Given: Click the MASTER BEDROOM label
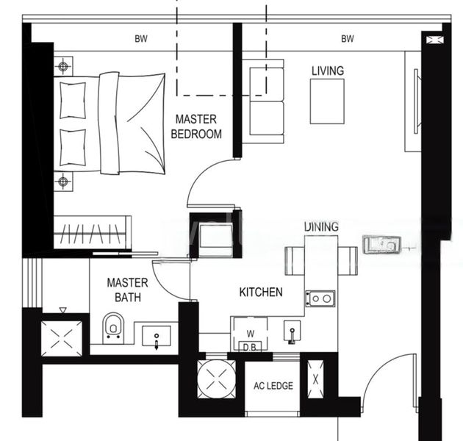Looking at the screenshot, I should click(196, 126).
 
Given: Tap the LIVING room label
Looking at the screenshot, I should click(327, 71).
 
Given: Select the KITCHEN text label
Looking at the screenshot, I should click(261, 293).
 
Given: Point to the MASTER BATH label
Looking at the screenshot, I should click(127, 290).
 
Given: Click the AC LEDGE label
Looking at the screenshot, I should click(273, 386).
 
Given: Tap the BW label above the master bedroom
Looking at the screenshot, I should click(140, 39).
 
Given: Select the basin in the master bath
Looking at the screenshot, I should click(157, 337).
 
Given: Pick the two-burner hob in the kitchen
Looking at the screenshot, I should click(320, 298).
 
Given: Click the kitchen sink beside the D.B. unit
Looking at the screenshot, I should click(292, 331).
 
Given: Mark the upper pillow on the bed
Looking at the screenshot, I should click(72, 100).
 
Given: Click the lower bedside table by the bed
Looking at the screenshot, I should click(64, 181).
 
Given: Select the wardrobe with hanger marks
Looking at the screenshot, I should click(92, 233).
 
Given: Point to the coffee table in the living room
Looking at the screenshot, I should click(326, 101).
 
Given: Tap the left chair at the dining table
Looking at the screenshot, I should click(293, 260).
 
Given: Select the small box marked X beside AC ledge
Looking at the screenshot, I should click(315, 380).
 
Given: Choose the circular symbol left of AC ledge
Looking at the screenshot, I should click(216, 380).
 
